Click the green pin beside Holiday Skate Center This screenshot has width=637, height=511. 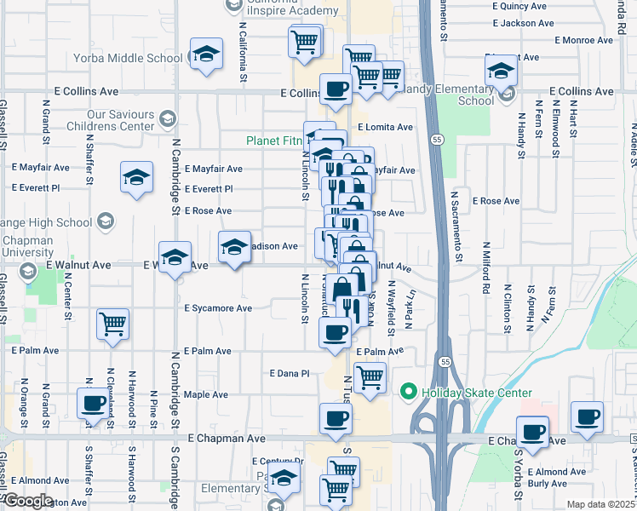(408, 393)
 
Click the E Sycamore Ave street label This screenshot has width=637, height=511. (219, 308)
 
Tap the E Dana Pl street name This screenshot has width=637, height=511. (289, 373)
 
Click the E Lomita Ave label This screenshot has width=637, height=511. (385, 127)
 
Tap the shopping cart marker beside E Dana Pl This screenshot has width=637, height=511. (370, 376)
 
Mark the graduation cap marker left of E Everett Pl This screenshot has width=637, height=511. (136, 178)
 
